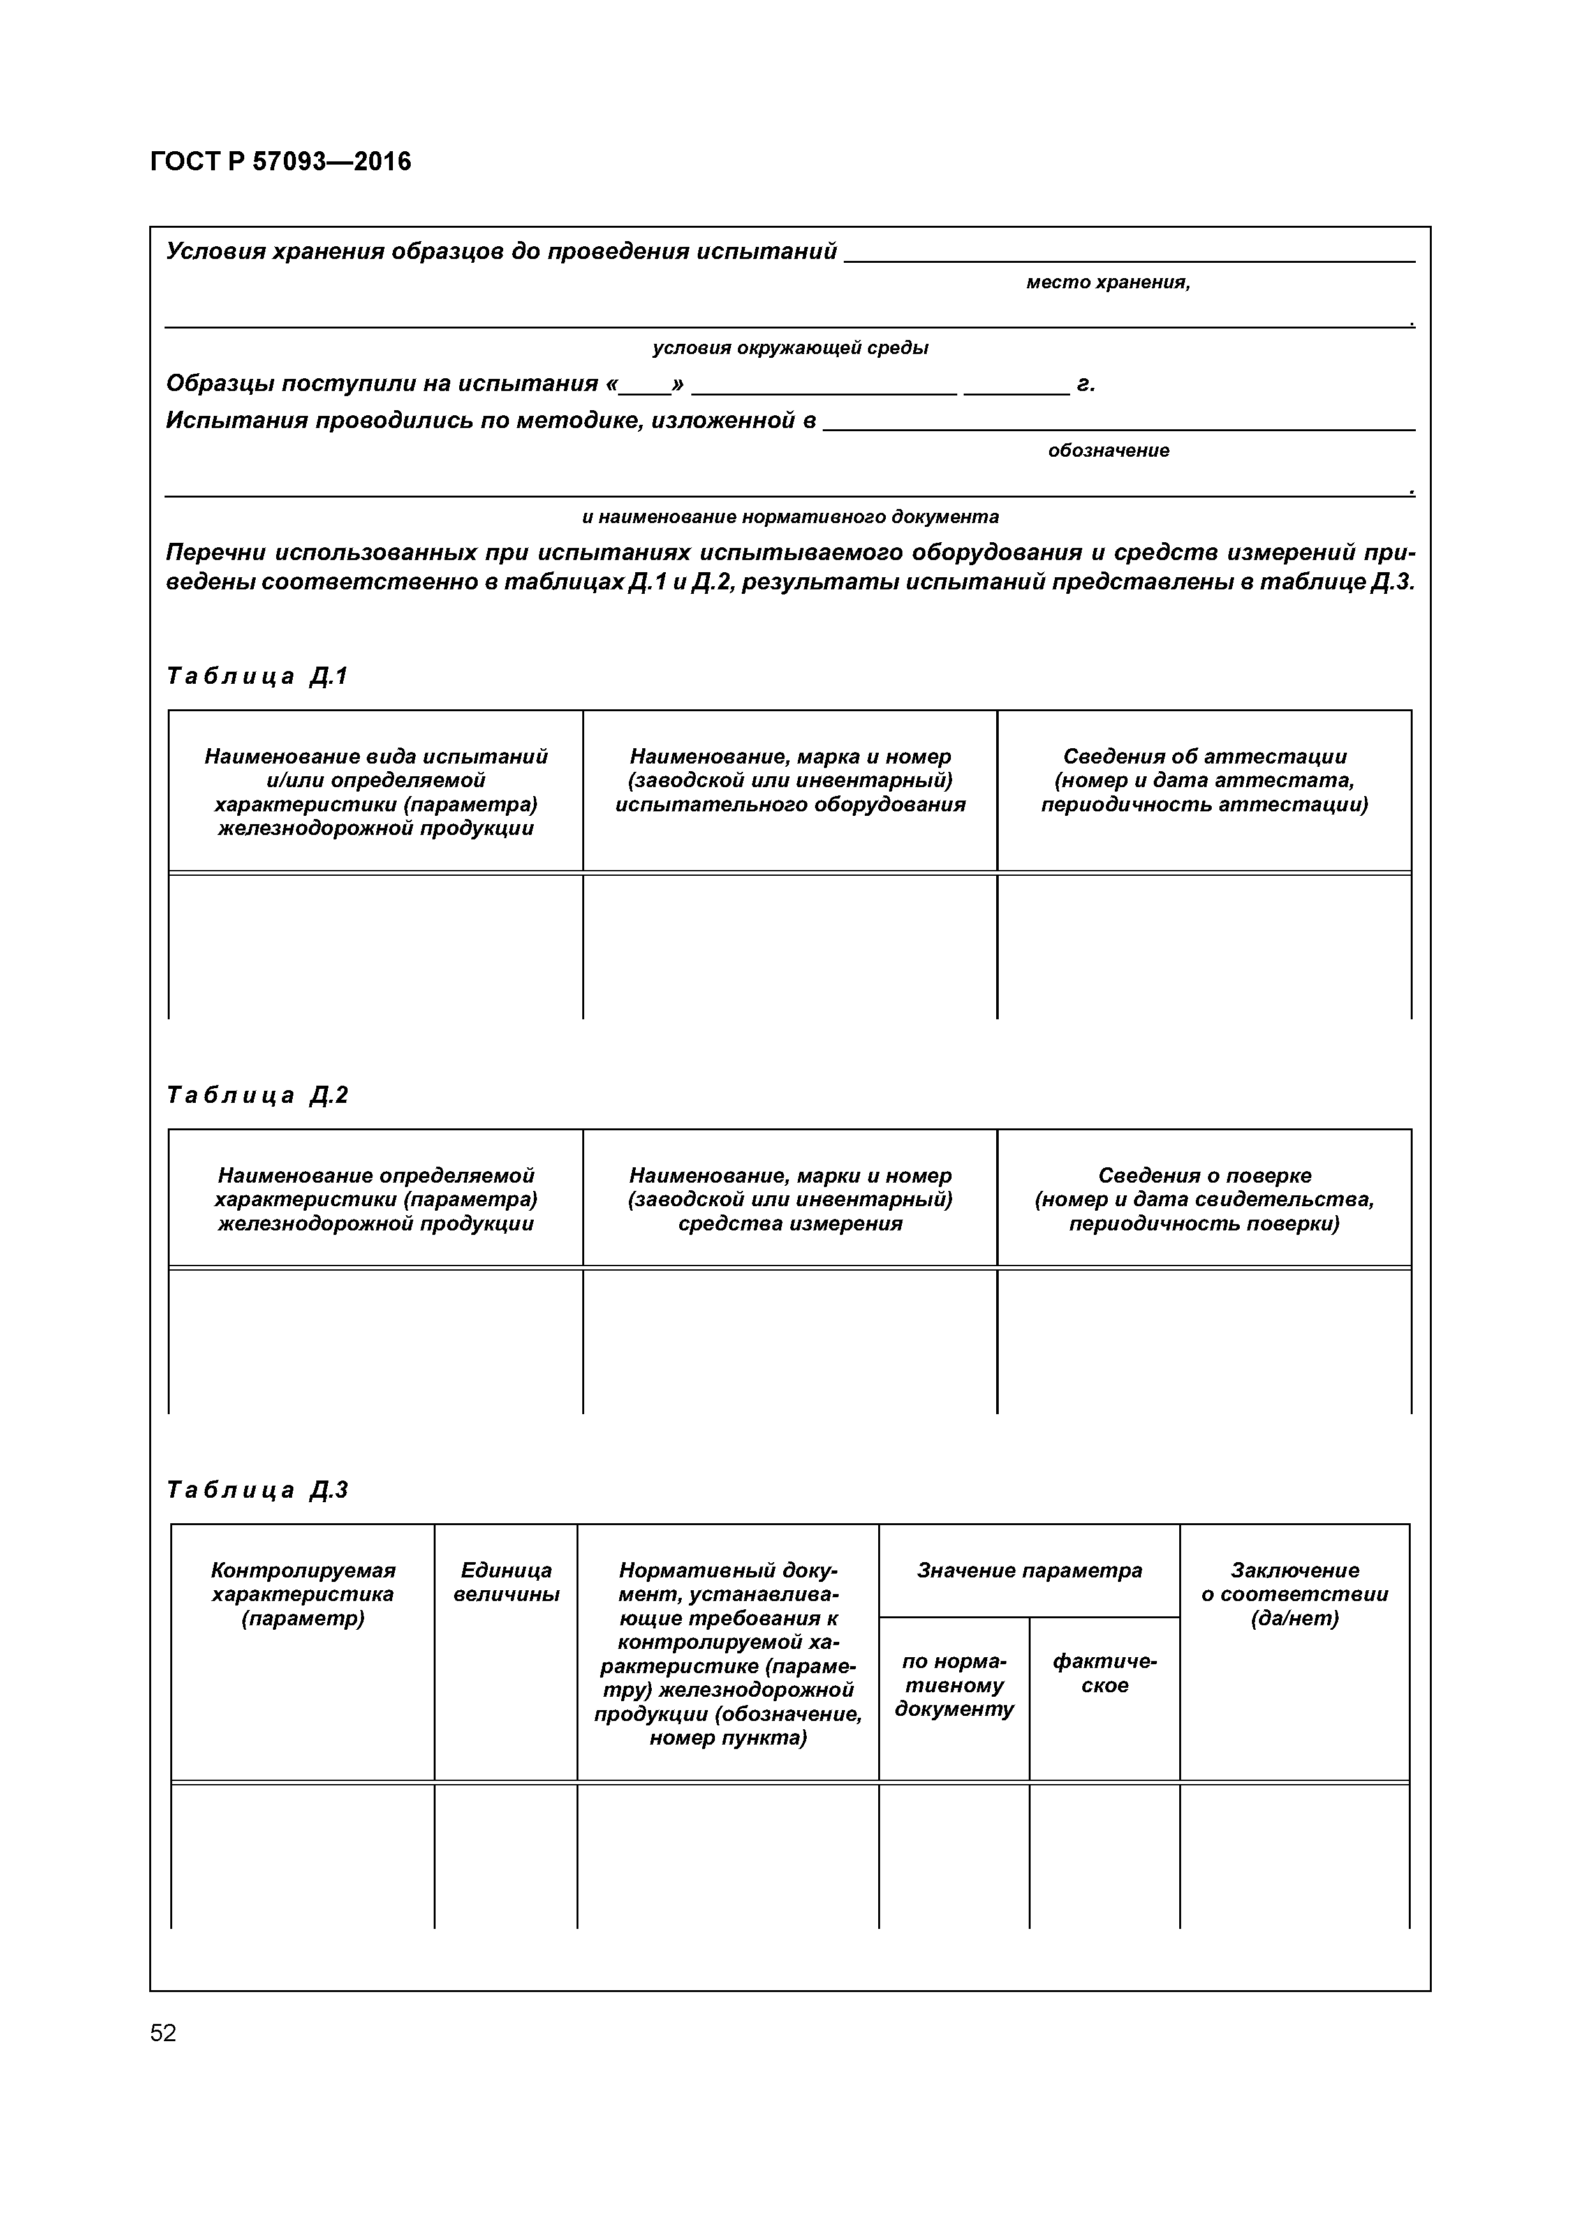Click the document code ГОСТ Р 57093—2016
[x=281, y=162]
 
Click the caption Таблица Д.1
[x=257, y=676]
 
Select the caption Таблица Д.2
[x=257, y=1095]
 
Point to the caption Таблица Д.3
[x=257, y=1489]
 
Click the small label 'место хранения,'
[x=1108, y=283]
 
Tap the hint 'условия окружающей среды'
[x=790, y=348]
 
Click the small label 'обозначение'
[x=1108, y=451]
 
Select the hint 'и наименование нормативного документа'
[x=790, y=517]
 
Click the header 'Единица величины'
[x=506, y=1583]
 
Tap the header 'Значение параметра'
[x=1029, y=1570]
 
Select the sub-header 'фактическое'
[x=1104, y=1673]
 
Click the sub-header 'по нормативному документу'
[x=953, y=1685]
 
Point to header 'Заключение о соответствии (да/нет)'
[x=1293, y=1594]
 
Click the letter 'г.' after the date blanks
[x=1085, y=385]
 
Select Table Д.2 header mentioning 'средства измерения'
[x=790, y=1199]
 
